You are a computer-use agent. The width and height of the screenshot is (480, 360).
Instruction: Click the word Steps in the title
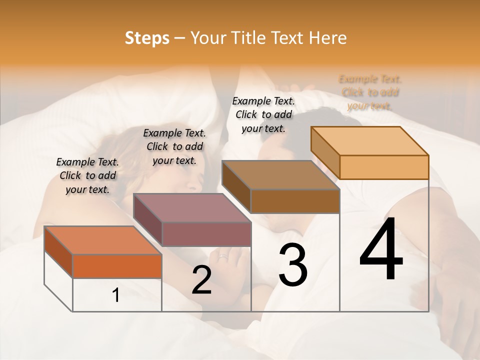click(147, 38)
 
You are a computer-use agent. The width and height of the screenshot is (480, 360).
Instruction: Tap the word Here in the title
click(327, 38)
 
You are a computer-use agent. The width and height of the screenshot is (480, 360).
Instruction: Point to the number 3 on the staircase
click(293, 265)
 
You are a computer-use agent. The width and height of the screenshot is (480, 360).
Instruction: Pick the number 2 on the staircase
click(201, 279)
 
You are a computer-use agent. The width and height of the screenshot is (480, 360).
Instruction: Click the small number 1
click(116, 295)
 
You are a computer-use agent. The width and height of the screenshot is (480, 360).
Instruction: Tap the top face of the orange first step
click(102, 240)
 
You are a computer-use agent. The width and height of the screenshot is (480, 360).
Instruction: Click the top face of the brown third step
click(280, 175)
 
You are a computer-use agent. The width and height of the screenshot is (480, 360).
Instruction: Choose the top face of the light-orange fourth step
click(369, 141)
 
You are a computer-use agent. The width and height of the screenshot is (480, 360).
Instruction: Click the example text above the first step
click(87, 175)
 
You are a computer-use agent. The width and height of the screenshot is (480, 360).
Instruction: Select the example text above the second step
click(174, 146)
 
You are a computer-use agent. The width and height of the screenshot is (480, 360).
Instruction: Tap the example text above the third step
click(263, 114)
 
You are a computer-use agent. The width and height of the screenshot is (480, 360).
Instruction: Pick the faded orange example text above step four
click(370, 92)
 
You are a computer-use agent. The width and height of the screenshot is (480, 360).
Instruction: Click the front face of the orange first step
click(117, 266)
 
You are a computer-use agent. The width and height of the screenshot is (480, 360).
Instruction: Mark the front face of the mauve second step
click(206, 234)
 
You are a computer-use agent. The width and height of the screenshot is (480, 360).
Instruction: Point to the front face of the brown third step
click(295, 201)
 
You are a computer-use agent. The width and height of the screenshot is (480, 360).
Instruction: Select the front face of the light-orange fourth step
click(384, 167)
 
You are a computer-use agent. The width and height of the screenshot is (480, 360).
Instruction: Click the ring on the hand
click(222, 257)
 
